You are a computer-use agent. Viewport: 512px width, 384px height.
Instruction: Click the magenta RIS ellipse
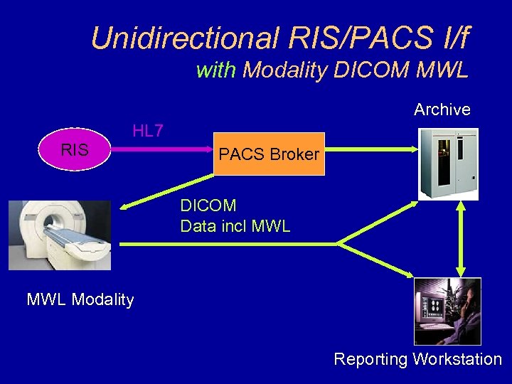pos(74,149)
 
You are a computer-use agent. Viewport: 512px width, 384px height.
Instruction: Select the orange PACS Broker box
pos(269,154)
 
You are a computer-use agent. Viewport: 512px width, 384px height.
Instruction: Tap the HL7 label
pos(148,130)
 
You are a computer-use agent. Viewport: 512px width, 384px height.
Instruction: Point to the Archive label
pos(442,110)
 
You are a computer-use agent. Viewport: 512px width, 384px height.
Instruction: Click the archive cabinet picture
pos(448,164)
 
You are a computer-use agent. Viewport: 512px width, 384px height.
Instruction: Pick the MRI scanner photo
pos(60,235)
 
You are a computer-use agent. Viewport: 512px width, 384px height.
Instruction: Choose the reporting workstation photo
pos(447,311)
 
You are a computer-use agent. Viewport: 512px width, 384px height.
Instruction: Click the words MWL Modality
pos(80,299)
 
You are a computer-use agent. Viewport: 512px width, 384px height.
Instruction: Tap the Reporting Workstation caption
pos(417,359)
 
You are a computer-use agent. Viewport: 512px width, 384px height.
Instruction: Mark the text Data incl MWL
pos(235,227)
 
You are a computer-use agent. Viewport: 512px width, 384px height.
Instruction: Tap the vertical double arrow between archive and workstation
pos(461,239)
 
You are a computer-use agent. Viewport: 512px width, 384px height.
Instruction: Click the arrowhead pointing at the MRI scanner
pos(127,207)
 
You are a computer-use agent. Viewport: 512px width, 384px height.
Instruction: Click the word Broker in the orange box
pos(293,154)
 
